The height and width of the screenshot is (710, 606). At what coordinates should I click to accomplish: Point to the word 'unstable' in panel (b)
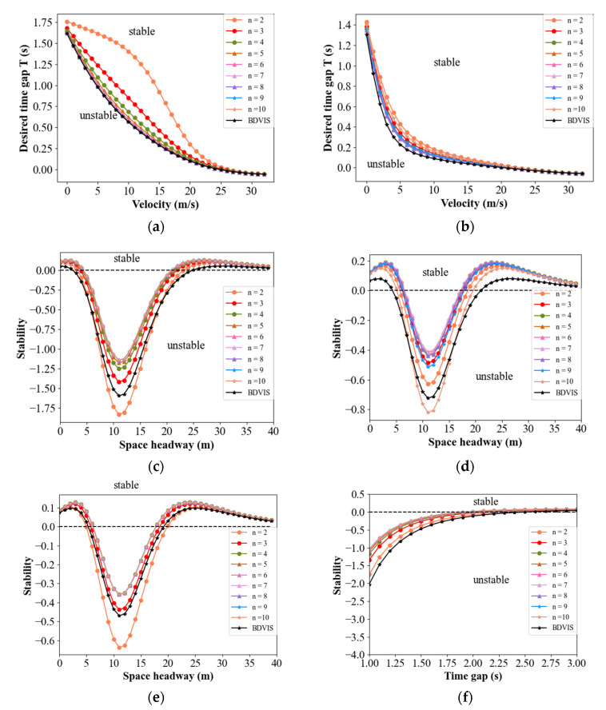pyautogui.click(x=385, y=164)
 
